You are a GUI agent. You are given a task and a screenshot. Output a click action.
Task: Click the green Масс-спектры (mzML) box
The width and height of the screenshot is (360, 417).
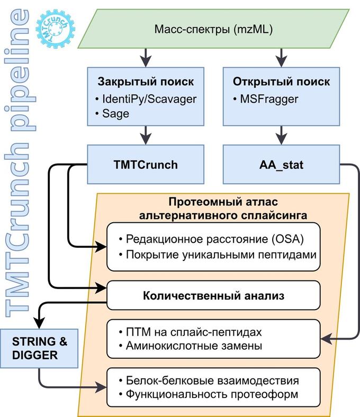coord(213,30)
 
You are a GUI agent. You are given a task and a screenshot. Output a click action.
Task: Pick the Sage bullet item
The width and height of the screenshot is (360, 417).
coord(115,114)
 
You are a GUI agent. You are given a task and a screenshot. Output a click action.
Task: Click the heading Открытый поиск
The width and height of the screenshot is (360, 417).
coord(281,82)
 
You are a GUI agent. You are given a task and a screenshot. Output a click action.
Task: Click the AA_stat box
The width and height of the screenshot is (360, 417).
coord(281,164)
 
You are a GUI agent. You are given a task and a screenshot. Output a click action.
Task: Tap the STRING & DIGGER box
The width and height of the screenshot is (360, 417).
coord(40,348)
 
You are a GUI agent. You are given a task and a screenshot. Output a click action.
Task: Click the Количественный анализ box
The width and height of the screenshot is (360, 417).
coord(213,295)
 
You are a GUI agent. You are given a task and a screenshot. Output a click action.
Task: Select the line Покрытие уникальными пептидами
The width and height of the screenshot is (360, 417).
coord(221,255)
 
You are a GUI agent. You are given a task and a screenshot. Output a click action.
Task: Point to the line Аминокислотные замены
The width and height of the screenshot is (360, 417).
coord(202,347)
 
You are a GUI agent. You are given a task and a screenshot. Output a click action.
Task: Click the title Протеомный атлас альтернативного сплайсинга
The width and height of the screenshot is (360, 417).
coord(222,208)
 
